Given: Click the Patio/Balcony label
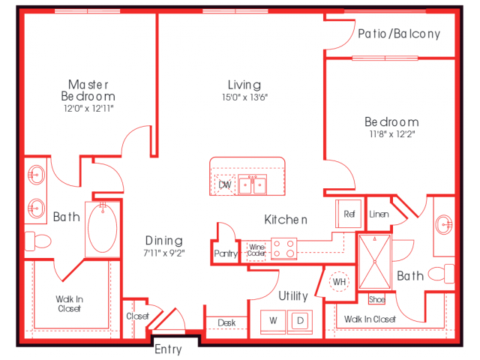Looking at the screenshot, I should pyautogui.click(x=398, y=34).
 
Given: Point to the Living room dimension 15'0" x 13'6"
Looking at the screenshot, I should pyautogui.click(x=244, y=97).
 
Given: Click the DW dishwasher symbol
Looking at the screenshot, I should pyautogui.click(x=224, y=184).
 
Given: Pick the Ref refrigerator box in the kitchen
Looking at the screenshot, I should pyautogui.click(x=349, y=214).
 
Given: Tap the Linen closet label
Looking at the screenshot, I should pyautogui.click(x=379, y=214).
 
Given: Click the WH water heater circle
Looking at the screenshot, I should pyautogui.click(x=340, y=281).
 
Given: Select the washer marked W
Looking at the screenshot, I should pyautogui.click(x=273, y=321).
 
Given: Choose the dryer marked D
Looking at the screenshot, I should pyautogui.click(x=299, y=321).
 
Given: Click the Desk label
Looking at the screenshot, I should pyautogui.click(x=226, y=323).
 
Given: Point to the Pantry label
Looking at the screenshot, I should pyautogui.click(x=226, y=253).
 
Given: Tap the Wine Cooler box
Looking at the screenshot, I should pyautogui.click(x=256, y=250).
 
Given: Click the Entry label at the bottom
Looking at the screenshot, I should pyautogui.click(x=167, y=349).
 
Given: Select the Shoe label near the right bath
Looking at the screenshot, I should pyautogui.click(x=376, y=300).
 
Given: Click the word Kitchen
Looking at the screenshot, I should pyautogui.click(x=286, y=220).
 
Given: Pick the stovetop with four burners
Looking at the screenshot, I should pyautogui.click(x=283, y=248).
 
